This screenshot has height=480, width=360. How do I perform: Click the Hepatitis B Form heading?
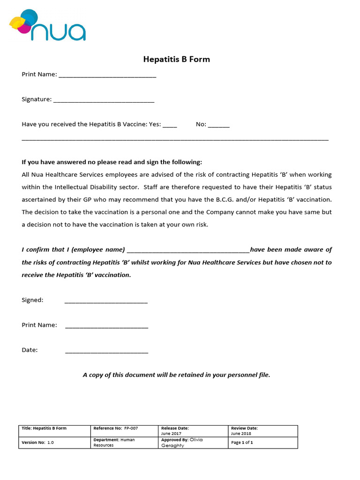pyautogui.click(x=176, y=60)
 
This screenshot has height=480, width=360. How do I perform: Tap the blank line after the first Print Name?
pyautogui.click(x=107, y=75)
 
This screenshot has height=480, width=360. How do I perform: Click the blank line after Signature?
pyautogui.click(x=104, y=100)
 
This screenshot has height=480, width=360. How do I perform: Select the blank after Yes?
pyautogui.click(x=170, y=125)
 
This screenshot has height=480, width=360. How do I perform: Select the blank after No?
pyautogui.click(x=218, y=125)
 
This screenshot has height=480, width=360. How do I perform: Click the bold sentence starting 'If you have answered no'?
pyautogui.click(x=112, y=162)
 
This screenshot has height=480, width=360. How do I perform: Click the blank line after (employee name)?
pyautogui.click(x=188, y=250)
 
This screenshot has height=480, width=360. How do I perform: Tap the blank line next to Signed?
pyautogui.click(x=106, y=301)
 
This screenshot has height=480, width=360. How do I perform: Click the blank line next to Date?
pyautogui.click(x=106, y=351)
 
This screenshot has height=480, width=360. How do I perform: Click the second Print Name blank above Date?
pyautogui.click(x=106, y=326)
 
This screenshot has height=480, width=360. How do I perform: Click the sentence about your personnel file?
pyautogui.click(x=176, y=375)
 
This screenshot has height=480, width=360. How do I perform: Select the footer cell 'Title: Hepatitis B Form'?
pyautogui.click(x=54, y=431)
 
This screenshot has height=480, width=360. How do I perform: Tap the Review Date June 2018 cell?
pyautogui.click(x=262, y=431)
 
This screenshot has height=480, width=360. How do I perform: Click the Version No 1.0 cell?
pyautogui.click(x=54, y=442)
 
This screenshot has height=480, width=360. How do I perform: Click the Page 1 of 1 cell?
pyautogui.click(x=262, y=442)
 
